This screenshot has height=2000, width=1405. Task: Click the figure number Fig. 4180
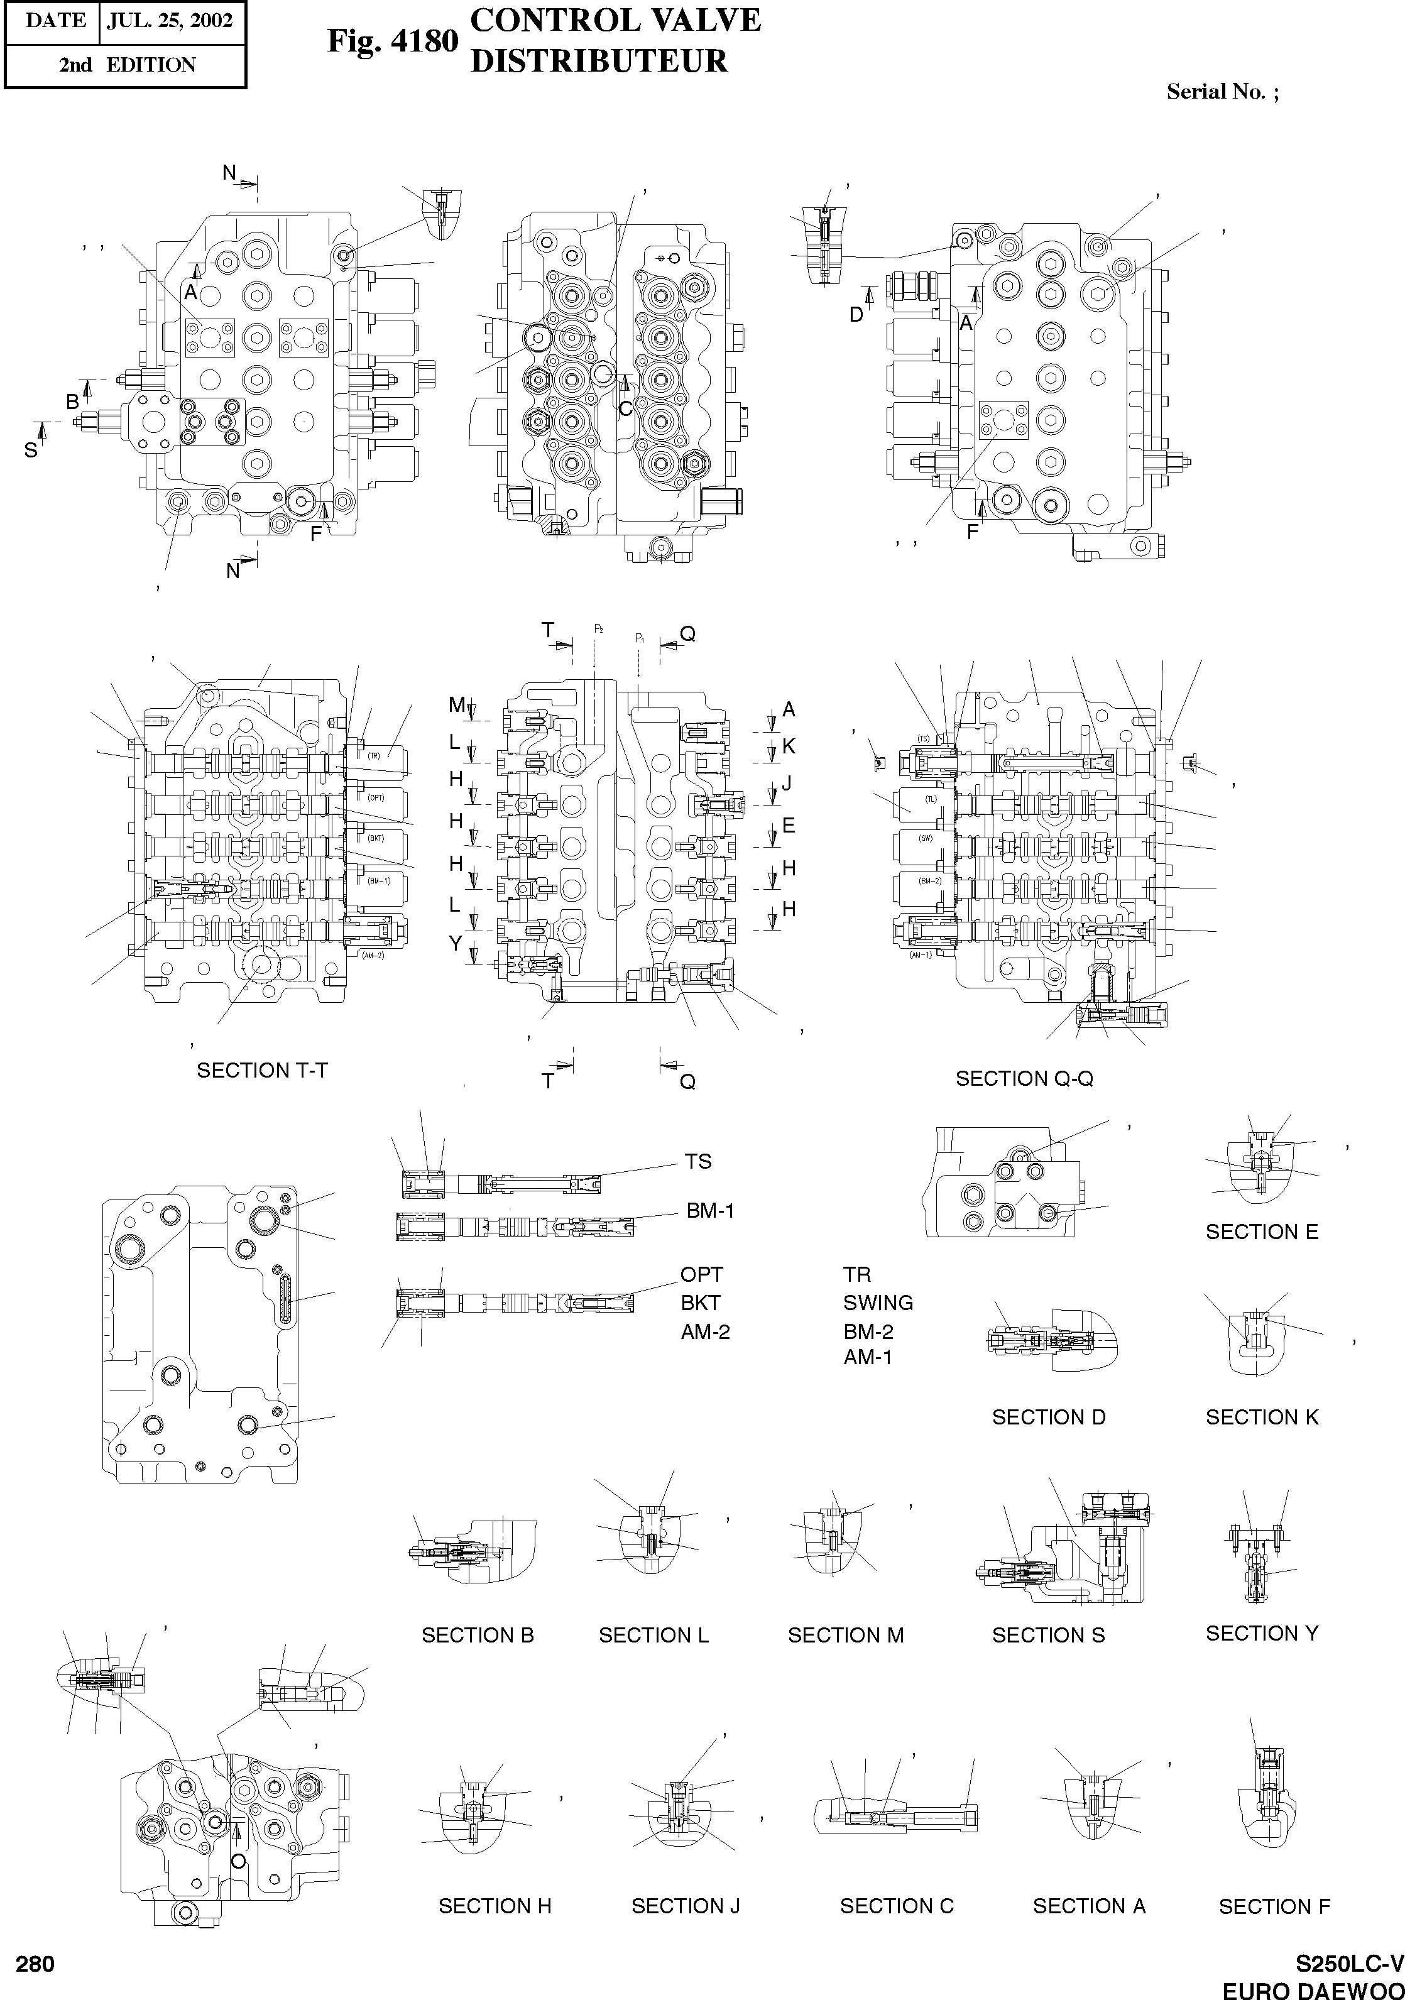(x=392, y=41)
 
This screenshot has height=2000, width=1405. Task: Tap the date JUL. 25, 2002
(x=170, y=21)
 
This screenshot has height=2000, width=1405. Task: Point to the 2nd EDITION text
(x=127, y=65)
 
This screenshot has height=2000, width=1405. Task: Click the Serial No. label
(x=1222, y=92)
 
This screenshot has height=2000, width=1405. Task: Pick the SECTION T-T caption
(x=262, y=1071)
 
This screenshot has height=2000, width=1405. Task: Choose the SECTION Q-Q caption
(x=1024, y=1078)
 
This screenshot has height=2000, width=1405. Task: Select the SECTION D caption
(x=1048, y=1418)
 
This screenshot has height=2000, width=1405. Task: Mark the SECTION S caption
(x=1048, y=1635)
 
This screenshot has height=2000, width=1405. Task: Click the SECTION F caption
(x=1274, y=1907)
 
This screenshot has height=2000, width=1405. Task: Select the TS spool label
(x=697, y=1161)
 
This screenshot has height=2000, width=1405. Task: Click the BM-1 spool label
(x=710, y=1210)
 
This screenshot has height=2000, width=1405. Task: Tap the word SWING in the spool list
(x=878, y=1303)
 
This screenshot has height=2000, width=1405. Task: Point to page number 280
(x=35, y=1964)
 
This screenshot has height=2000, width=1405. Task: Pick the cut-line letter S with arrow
(x=31, y=449)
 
